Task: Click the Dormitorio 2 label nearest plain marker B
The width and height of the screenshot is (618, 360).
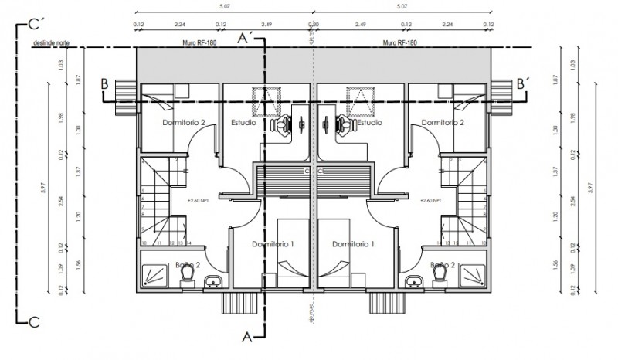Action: [x=184, y=122]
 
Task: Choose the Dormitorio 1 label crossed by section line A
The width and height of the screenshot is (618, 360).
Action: [x=273, y=244]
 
